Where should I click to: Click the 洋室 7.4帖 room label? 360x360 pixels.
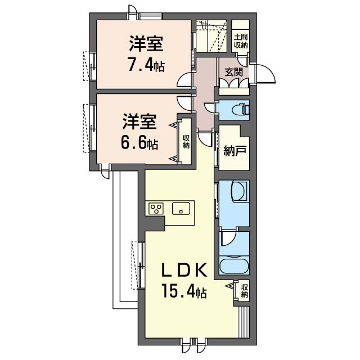pos(147,53)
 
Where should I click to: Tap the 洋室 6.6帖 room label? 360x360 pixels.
pos(139,131)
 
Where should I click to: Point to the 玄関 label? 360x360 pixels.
pos(234,73)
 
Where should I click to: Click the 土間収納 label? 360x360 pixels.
pos(241,41)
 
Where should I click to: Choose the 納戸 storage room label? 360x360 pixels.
pos(235,151)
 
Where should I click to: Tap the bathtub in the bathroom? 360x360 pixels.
pos(234,266)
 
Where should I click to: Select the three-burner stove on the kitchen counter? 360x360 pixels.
pos(156,209)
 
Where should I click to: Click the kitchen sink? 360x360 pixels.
pos(181,209)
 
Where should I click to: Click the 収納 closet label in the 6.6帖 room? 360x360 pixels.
pos(186,142)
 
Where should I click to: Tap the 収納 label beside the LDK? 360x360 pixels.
pos(245,291)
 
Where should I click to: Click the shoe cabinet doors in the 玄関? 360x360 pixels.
pos(234,83)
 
